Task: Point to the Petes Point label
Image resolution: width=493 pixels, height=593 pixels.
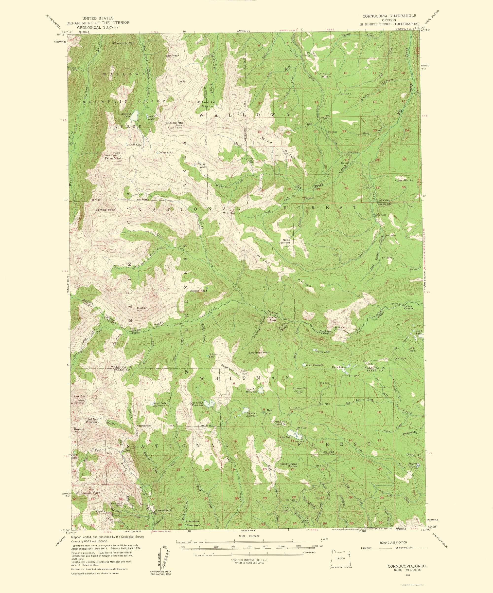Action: point(113,158)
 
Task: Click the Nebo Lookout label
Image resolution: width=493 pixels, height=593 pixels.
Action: point(284,241)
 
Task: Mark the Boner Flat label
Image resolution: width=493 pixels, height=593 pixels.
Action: point(198,291)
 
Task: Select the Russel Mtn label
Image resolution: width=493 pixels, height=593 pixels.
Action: point(300,388)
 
